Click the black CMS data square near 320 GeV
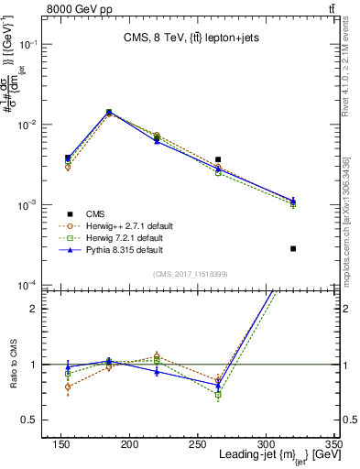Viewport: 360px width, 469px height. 293,248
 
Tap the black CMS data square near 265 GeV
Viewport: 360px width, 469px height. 243,159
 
